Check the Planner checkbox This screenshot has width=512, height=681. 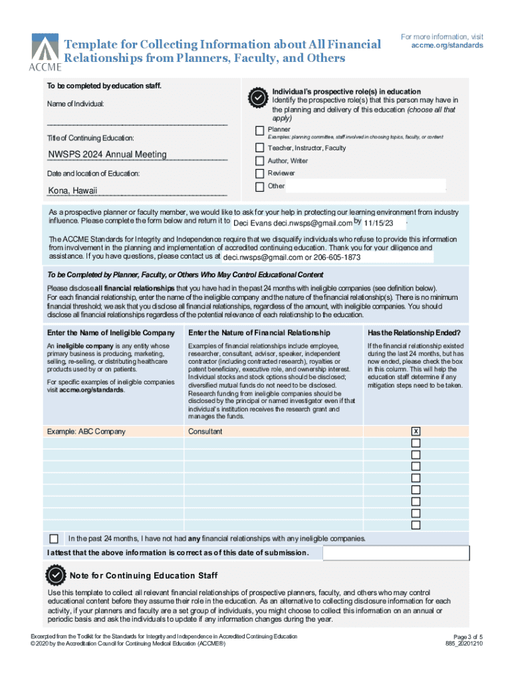point(259,130)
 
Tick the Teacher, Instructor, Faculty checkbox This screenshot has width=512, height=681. point(259,148)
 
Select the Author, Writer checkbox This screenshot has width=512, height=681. point(259,161)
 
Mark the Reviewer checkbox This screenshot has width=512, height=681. point(259,173)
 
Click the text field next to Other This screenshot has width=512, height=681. point(364,186)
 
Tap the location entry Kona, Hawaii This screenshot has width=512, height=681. point(73,191)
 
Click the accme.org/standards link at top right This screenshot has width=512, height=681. point(447,46)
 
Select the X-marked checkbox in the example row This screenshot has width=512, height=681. point(416,432)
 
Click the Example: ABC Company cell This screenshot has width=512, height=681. point(86,432)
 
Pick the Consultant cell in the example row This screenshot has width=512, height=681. point(205,432)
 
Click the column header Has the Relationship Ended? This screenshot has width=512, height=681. point(414,333)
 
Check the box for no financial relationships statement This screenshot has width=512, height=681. point(54,538)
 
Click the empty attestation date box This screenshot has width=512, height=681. point(396,553)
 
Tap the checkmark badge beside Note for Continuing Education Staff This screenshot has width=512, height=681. point(55,575)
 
